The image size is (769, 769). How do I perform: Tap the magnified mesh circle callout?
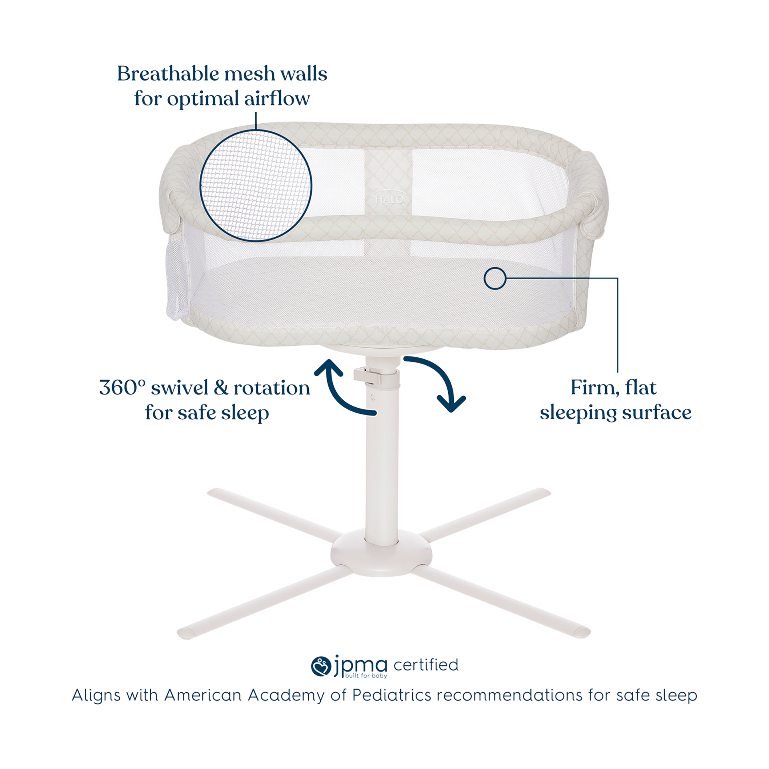256,185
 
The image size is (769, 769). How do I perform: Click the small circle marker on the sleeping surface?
495,278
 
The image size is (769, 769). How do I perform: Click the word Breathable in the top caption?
168,74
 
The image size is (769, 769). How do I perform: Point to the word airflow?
277,98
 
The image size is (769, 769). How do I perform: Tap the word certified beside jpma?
426,665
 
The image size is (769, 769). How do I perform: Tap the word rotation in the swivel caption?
272,388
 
